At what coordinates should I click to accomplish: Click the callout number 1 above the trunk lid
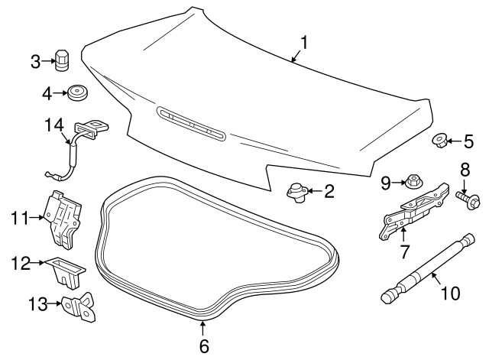(x=303, y=43)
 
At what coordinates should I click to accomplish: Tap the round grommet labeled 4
(x=76, y=94)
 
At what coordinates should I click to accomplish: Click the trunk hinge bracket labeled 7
(x=412, y=212)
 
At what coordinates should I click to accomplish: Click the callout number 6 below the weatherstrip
(x=203, y=345)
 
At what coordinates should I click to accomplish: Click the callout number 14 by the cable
(x=54, y=125)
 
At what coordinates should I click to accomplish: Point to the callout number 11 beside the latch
(x=19, y=218)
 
